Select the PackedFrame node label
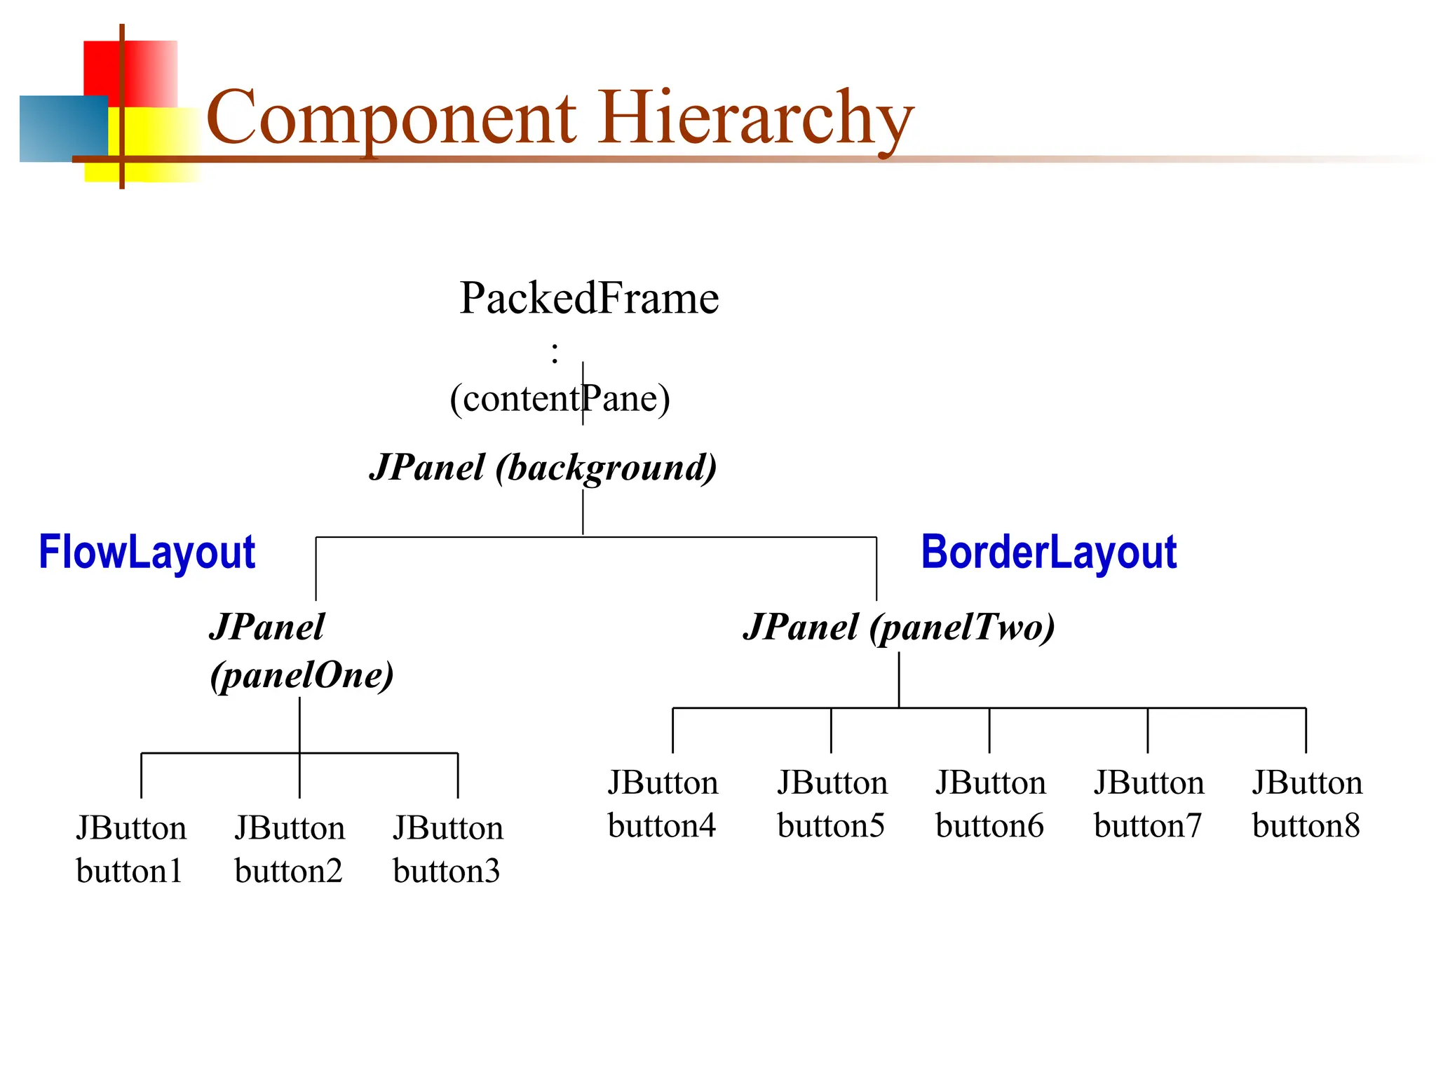(x=589, y=298)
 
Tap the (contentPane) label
(x=560, y=398)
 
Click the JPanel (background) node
(x=543, y=467)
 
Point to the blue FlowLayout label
(x=147, y=552)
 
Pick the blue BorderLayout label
(x=1048, y=552)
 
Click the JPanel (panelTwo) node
(x=899, y=626)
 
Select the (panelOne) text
(x=302, y=675)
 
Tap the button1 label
(x=129, y=871)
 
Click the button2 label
(x=288, y=871)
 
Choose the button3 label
(x=447, y=871)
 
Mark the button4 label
(x=661, y=825)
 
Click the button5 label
(x=831, y=825)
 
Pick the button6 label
(x=989, y=825)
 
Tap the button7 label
(x=1148, y=825)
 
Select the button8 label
(x=1306, y=825)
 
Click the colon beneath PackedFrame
(x=555, y=353)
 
